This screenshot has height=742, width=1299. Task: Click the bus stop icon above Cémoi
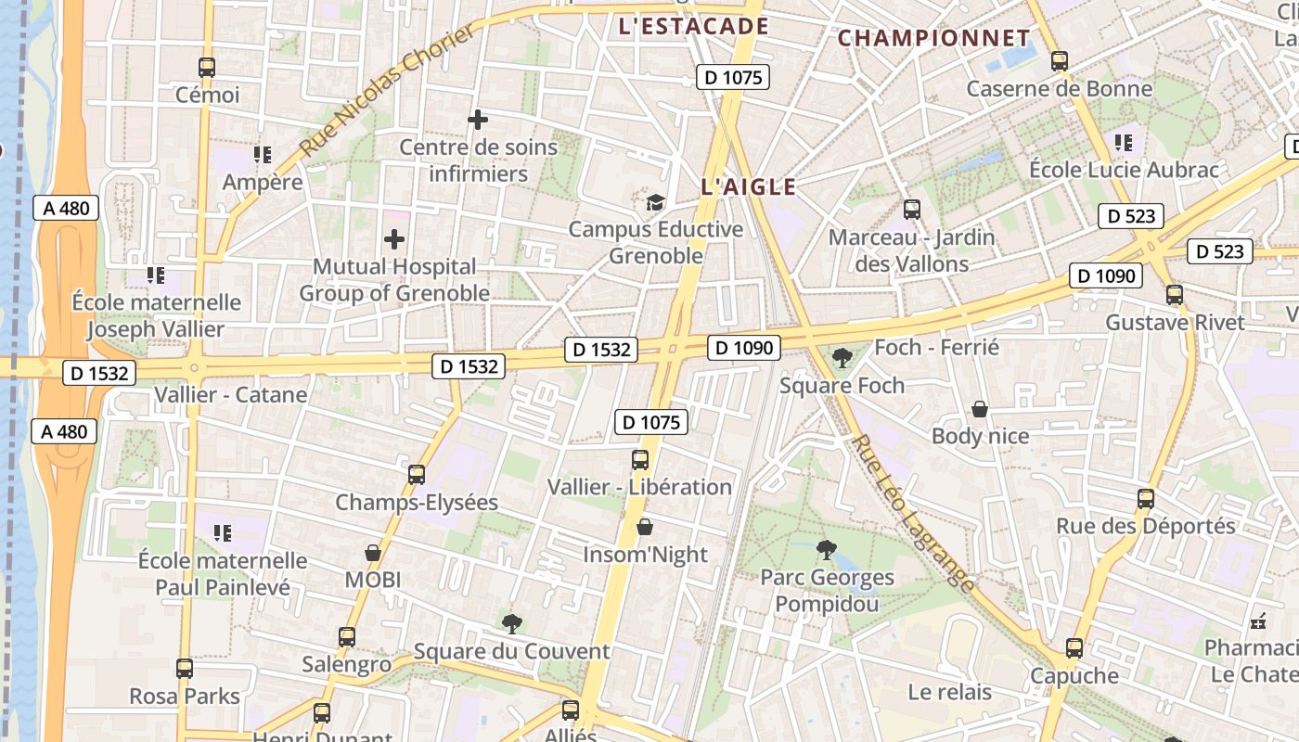(x=207, y=68)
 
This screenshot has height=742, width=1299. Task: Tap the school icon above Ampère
(x=262, y=154)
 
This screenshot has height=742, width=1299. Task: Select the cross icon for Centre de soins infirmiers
(x=478, y=120)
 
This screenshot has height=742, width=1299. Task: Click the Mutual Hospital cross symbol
(x=394, y=239)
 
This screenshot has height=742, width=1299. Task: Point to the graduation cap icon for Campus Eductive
(x=655, y=202)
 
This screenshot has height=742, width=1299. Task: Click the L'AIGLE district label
(x=749, y=186)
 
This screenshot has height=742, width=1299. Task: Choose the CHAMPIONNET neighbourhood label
(x=933, y=39)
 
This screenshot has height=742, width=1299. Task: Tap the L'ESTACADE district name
(x=693, y=26)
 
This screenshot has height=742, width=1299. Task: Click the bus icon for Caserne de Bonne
(x=1060, y=62)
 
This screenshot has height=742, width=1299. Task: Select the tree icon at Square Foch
(x=842, y=357)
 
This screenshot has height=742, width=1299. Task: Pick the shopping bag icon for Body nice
(x=980, y=409)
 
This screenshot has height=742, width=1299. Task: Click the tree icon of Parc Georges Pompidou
(x=826, y=550)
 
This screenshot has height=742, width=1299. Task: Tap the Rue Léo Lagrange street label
(x=914, y=513)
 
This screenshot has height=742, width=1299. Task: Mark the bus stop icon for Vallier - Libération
(x=640, y=460)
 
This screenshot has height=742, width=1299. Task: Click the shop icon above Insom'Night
(x=645, y=528)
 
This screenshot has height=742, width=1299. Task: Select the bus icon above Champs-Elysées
(x=417, y=475)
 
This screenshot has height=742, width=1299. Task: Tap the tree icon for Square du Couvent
(x=511, y=623)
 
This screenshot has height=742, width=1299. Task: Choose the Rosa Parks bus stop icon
(x=185, y=669)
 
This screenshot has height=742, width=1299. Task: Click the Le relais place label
(x=949, y=692)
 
